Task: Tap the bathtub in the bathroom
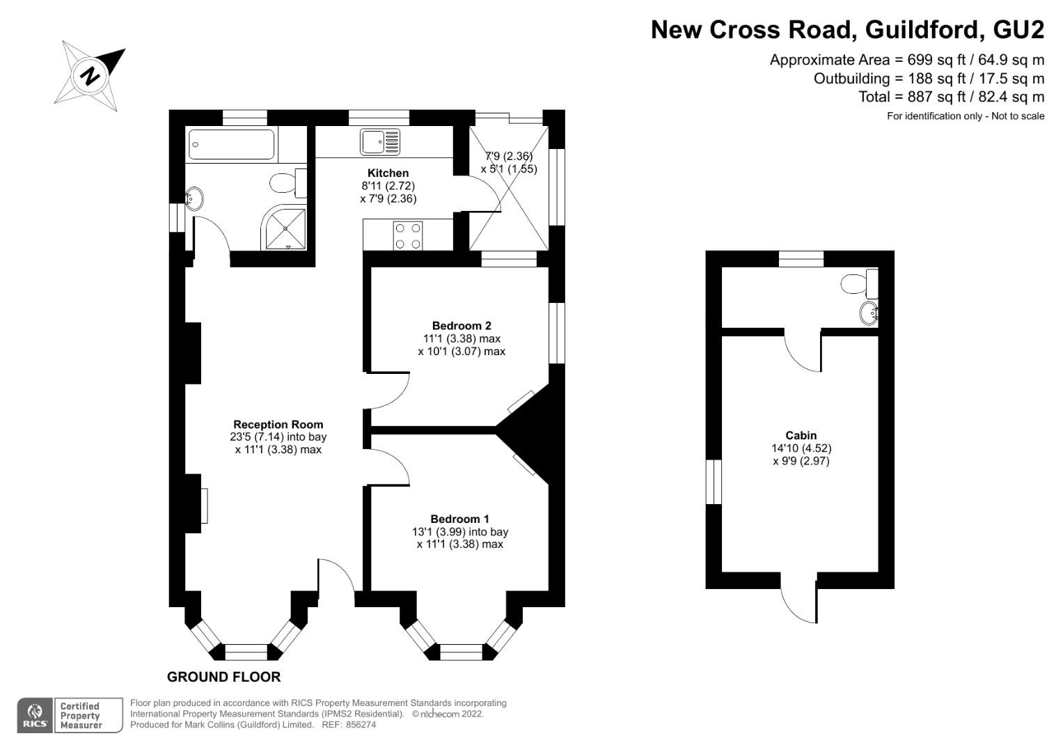pos(231,144)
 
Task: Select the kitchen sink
pos(379,141)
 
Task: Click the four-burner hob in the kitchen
pos(408,235)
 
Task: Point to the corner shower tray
pos(285,228)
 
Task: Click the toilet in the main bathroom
pos(286,183)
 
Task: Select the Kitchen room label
pos(388,173)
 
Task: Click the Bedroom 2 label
pos(462,325)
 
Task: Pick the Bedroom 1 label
pos(459,519)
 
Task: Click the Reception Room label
pos(278,424)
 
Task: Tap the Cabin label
pos(801,435)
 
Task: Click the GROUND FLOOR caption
pos(223,677)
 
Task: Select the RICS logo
pos(35,715)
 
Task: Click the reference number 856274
pos(361,724)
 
